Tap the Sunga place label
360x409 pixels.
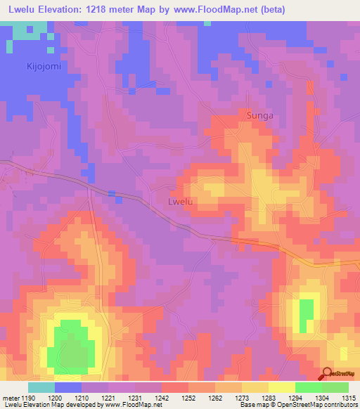pyautogui.click(x=259, y=113)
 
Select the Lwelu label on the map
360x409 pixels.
pyautogui.click(x=181, y=202)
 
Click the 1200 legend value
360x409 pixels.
pyautogui.click(x=53, y=398)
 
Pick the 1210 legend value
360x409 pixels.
pyautogui.click(x=82, y=398)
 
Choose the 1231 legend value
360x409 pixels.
pyautogui.click(x=135, y=398)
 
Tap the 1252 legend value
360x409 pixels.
pyautogui.click(x=188, y=398)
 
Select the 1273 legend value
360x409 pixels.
pyautogui.click(x=242, y=398)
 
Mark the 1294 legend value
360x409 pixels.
pyautogui.click(x=295, y=398)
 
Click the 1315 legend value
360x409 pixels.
pyautogui.click(x=349, y=398)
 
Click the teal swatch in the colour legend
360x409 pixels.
pyautogui.click(x=41, y=387)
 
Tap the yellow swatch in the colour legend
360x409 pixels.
pyautogui.click(x=281, y=387)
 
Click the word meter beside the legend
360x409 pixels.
pyautogui.click(x=10, y=398)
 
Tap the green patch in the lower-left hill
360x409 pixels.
pyautogui.click(x=70, y=343)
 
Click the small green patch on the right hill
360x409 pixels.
pyautogui.click(x=306, y=316)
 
